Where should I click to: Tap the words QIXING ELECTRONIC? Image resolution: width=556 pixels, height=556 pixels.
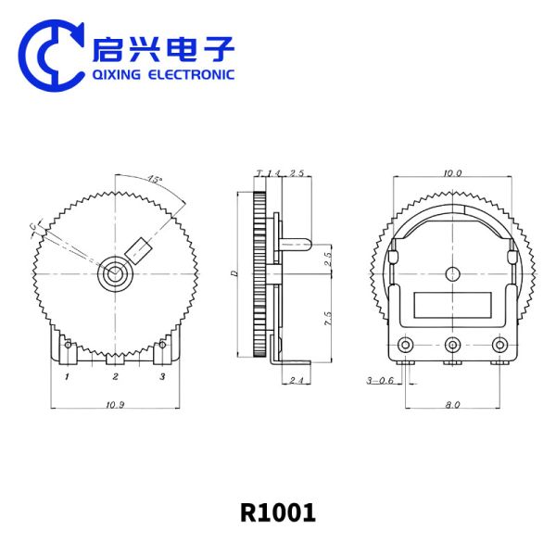[x=163, y=75]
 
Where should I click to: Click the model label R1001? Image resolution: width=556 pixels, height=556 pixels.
[x=278, y=512]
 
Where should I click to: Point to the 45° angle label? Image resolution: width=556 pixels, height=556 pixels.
[x=154, y=180]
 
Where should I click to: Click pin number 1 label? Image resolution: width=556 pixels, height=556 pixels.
[x=68, y=376]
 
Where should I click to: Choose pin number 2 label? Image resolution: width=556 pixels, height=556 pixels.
[x=116, y=376]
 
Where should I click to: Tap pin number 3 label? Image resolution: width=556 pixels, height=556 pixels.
[x=162, y=376]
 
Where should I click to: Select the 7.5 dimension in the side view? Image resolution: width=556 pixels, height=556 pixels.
[x=326, y=320]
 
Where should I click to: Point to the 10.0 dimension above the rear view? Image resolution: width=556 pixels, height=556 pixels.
[x=452, y=172]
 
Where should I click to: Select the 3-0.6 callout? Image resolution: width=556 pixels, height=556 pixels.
[x=380, y=380]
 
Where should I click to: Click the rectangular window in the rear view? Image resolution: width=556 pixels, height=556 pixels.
[x=451, y=305]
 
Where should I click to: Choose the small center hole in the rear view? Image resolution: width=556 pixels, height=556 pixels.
[x=452, y=273]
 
